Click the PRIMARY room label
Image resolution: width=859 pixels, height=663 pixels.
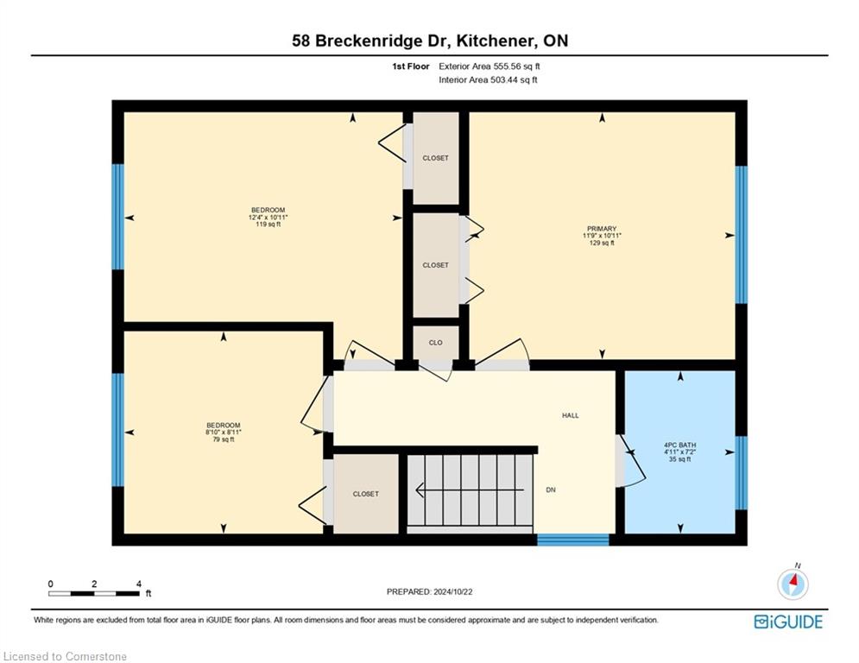tap(602, 229)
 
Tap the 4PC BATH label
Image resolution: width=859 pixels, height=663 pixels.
tap(679, 445)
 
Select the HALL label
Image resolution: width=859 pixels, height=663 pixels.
tap(571, 415)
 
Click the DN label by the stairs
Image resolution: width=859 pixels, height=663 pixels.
tap(551, 489)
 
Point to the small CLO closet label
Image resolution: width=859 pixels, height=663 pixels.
tap(435, 343)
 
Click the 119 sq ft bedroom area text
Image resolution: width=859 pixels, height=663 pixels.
tap(268, 224)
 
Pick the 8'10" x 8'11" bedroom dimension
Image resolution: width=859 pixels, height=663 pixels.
tap(224, 433)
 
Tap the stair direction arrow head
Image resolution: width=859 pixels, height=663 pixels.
tap(420, 489)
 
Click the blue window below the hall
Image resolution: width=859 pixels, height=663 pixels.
tap(573, 540)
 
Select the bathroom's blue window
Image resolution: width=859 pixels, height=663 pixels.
tap(741, 473)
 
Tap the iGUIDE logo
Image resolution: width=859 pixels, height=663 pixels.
tap(788, 622)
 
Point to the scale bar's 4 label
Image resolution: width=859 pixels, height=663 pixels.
tap(139, 584)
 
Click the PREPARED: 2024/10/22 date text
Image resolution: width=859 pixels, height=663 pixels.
tap(430, 591)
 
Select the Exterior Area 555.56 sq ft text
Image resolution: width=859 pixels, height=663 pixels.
tap(490, 66)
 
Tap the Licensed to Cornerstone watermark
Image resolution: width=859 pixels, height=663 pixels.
tap(65, 656)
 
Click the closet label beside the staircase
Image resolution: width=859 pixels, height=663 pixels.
tap(365, 494)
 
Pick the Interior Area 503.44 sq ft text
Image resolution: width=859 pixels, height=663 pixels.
tap(488, 80)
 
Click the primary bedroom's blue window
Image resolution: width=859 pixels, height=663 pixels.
tap(741, 235)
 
